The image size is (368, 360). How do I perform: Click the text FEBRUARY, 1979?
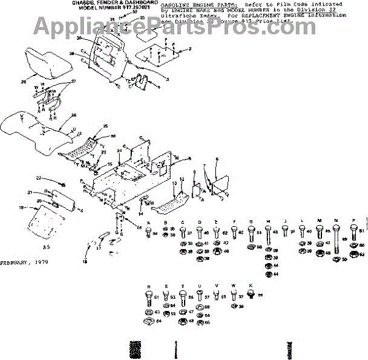tap(24, 262)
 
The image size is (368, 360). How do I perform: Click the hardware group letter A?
tap(148, 221)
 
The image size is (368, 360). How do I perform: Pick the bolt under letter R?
tap(148, 299)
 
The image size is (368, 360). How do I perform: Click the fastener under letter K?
tap(250, 295)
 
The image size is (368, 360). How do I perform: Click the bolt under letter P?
tap(354, 232)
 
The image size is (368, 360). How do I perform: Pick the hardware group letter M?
tap(320, 221)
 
